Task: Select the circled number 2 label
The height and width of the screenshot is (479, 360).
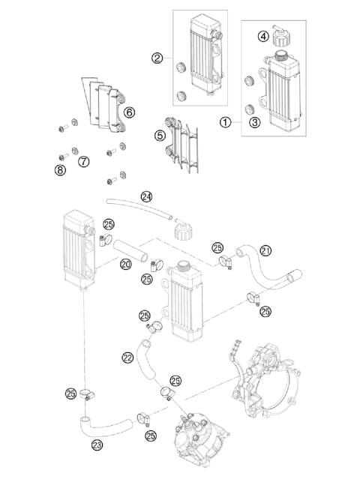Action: (x=158, y=58)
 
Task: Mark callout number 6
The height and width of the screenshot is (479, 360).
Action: (x=130, y=112)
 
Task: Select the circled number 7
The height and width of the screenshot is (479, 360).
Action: (x=83, y=161)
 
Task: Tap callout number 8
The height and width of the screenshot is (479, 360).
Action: (x=59, y=170)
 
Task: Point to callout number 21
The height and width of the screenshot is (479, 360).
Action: (x=265, y=250)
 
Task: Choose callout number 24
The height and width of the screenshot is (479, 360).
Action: (x=146, y=197)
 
